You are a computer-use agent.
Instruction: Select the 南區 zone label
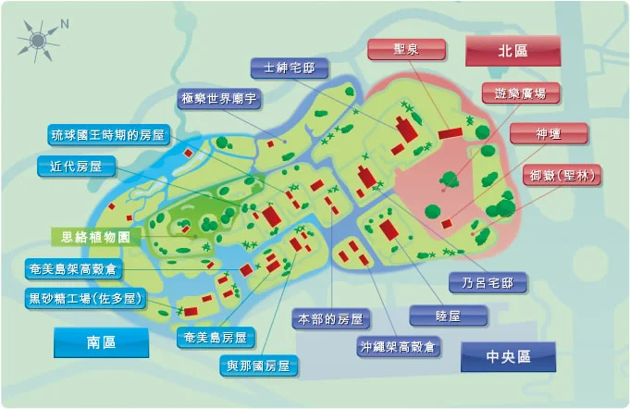point(101,342)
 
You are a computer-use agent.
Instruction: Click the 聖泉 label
point(406,49)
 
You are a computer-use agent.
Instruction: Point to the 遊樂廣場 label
point(513,93)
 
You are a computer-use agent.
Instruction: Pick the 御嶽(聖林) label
point(562,175)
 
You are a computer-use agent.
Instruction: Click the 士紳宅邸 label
point(290,68)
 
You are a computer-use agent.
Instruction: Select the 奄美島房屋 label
point(216,339)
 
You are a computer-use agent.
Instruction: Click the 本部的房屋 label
point(330,319)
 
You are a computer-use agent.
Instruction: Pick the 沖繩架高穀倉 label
point(400,348)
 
